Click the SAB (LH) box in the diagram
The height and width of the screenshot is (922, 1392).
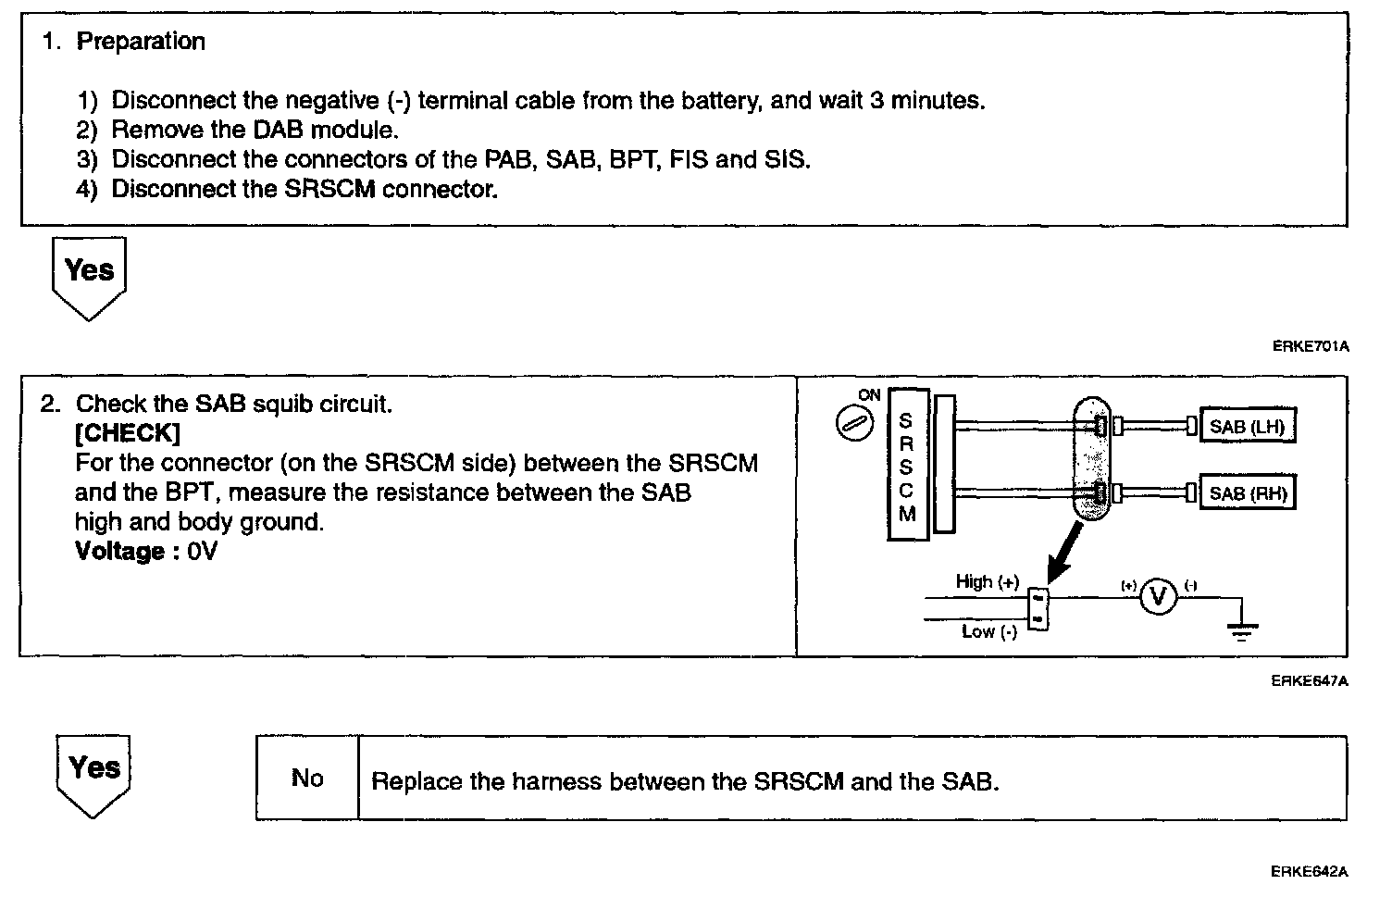pyautogui.click(x=1246, y=427)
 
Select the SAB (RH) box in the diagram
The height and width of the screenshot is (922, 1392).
pyautogui.click(x=1246, y=493)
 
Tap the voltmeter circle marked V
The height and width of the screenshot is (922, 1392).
pyautogui.click(x=1157, y=597)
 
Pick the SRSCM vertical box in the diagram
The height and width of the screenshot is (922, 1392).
pyautogui.click(x=907, y=465)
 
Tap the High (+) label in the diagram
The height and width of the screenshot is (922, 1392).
pyautogui.click(x=987, y=582)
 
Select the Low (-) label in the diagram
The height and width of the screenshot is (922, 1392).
pyautogui.click(x=988, y=632)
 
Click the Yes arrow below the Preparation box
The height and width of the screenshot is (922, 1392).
pyautogui.click(x=89, y=276)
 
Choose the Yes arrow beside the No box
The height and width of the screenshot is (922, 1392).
pyautogui.click(x=93, y=774)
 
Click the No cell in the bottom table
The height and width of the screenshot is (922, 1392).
pyautogui.click(x=307, y=779)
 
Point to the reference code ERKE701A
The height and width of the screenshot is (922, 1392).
pyautogui.click(x=1311, y=347)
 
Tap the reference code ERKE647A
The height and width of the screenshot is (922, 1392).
pyautogui.click(x=1310, y=681)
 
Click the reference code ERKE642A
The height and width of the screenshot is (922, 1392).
pyautogui.click(x=1310, y=872)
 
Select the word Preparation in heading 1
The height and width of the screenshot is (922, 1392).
pyautogui.click(x=141, y=42)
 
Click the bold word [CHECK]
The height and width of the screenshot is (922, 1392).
pyautogui.click(x=128, y=433)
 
